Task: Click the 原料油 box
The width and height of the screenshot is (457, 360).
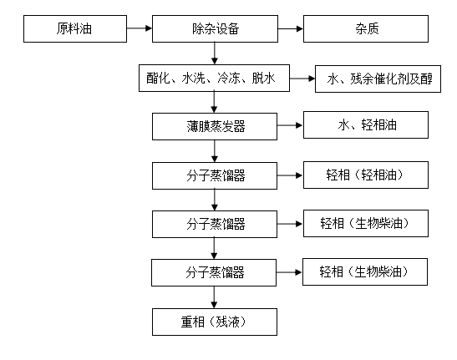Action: pos(75,29)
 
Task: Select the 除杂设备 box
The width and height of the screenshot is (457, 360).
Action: pos(215,29)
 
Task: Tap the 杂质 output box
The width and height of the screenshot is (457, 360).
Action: pos(366,29)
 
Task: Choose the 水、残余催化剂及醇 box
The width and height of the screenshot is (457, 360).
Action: pos(378,79)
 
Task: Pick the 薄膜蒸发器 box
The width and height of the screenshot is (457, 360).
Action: pos(215,126)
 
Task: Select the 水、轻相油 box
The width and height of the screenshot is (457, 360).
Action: pos(366,124)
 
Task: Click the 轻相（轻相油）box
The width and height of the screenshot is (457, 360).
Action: pos(366,175)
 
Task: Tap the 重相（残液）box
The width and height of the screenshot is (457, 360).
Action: pos(215,322)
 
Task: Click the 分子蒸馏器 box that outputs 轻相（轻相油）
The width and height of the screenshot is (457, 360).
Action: pos(215,175)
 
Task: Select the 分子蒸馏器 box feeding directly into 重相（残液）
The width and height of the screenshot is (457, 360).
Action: pos(214,272)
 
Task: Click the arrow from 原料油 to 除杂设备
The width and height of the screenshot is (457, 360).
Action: pos(140,28)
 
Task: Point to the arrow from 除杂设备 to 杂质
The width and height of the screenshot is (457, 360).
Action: pos(291,29)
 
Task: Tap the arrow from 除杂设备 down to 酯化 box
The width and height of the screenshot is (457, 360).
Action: pos(215,53)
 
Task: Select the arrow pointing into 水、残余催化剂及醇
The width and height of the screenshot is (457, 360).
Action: pos(302,79)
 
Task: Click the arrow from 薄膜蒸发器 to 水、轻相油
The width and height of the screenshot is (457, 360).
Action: pos(290,125)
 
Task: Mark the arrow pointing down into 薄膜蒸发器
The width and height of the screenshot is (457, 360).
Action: pos(214,102)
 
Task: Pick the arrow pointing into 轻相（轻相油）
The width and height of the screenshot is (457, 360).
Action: pos(290,175)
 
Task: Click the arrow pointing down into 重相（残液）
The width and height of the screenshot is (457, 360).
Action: pos(214,297)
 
